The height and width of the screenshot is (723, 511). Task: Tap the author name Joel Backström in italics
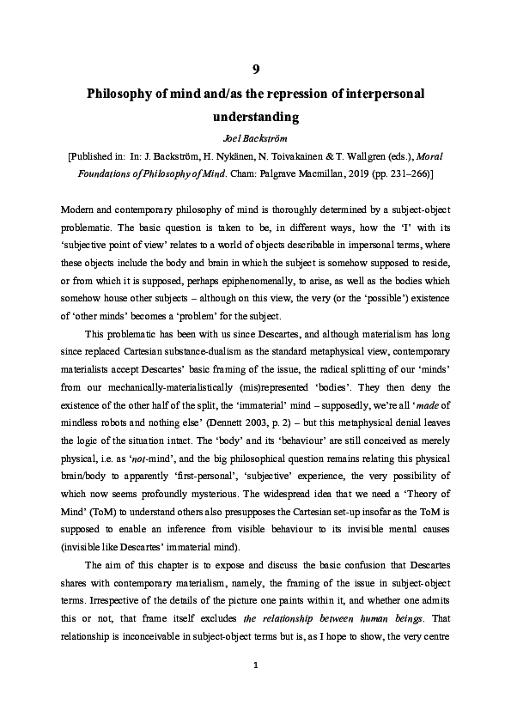pyautogui.click(x=255, y=137)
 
